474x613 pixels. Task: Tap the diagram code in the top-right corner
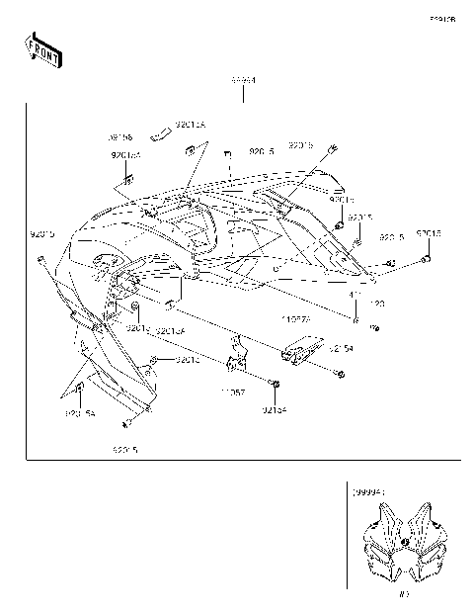pos(441,19)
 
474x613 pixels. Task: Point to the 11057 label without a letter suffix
pos(233,393)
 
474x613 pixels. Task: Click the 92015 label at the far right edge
pos(429,233)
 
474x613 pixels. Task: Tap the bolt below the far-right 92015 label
pos(426,258)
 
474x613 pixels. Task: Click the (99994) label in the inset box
pos(367,489)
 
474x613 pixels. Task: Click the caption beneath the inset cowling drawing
pos(403,594)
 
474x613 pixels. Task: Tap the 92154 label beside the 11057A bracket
pos(341,349)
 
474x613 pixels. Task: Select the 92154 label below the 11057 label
pos(276,408)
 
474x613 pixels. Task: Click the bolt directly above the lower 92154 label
pos(276,383)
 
